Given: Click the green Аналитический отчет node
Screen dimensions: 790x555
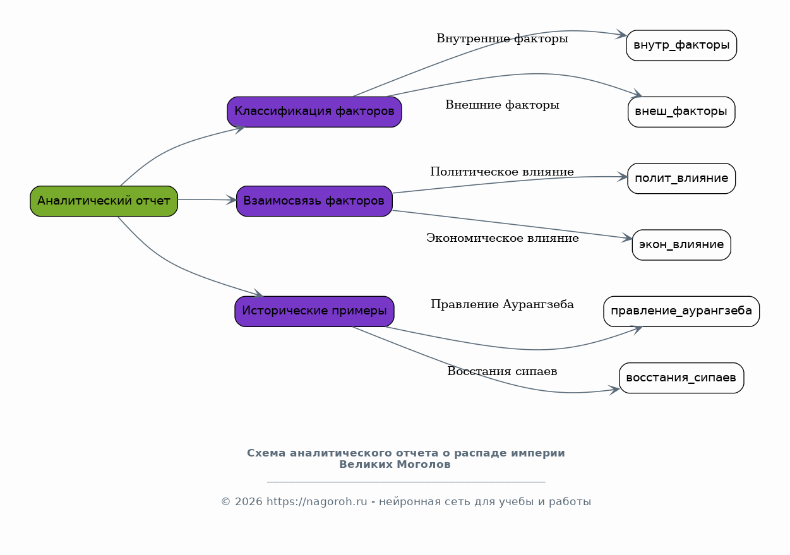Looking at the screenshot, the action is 104,201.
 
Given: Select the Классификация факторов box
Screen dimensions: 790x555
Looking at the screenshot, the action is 314,112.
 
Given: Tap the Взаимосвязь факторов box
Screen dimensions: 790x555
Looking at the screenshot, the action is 314,201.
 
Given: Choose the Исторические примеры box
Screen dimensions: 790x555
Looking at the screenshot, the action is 314,311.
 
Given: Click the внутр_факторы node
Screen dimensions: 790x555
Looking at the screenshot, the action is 681,45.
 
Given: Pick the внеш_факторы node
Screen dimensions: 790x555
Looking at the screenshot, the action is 681,112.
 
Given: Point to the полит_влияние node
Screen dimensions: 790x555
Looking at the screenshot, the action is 681,179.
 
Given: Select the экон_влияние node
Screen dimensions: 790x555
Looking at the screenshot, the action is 681,245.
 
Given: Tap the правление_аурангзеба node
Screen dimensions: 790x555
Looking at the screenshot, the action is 681,311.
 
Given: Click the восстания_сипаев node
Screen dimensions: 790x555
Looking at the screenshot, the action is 681,378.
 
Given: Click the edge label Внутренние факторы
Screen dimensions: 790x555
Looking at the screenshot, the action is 502,39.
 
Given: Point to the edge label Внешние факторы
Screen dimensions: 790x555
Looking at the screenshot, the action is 502,105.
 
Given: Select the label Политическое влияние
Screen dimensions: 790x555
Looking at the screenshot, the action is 502,172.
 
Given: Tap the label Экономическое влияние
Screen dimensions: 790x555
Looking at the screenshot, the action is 503,238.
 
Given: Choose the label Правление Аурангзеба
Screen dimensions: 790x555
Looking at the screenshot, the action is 502,304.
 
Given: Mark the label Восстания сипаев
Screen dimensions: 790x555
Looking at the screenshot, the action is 502,371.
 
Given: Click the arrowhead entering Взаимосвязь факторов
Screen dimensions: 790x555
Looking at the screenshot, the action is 231,200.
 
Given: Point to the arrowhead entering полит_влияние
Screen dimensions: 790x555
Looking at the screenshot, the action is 623,177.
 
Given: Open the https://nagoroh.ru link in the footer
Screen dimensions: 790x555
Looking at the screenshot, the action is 317,501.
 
